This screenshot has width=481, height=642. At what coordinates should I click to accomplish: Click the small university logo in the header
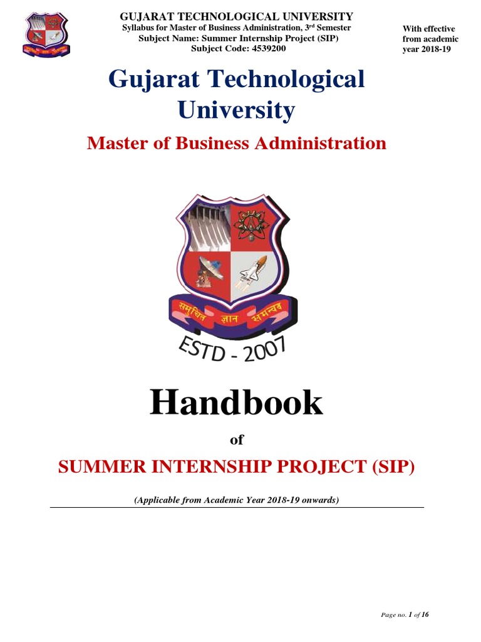(x=46, y=33)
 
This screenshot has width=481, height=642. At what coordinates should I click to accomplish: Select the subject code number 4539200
(x=266, y=48)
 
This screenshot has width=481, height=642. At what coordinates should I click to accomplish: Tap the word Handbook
(x=236, y=403)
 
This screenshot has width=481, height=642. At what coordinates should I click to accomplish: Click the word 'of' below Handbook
(x=236, y=440)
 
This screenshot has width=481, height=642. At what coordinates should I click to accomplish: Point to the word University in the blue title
(x=236, y=110)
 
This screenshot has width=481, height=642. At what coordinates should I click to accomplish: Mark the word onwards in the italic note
(x=319, y=500)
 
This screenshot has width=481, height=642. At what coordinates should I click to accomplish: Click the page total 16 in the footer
(x=425, y=614)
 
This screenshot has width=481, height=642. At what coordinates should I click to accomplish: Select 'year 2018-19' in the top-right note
(x=427, y=50)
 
